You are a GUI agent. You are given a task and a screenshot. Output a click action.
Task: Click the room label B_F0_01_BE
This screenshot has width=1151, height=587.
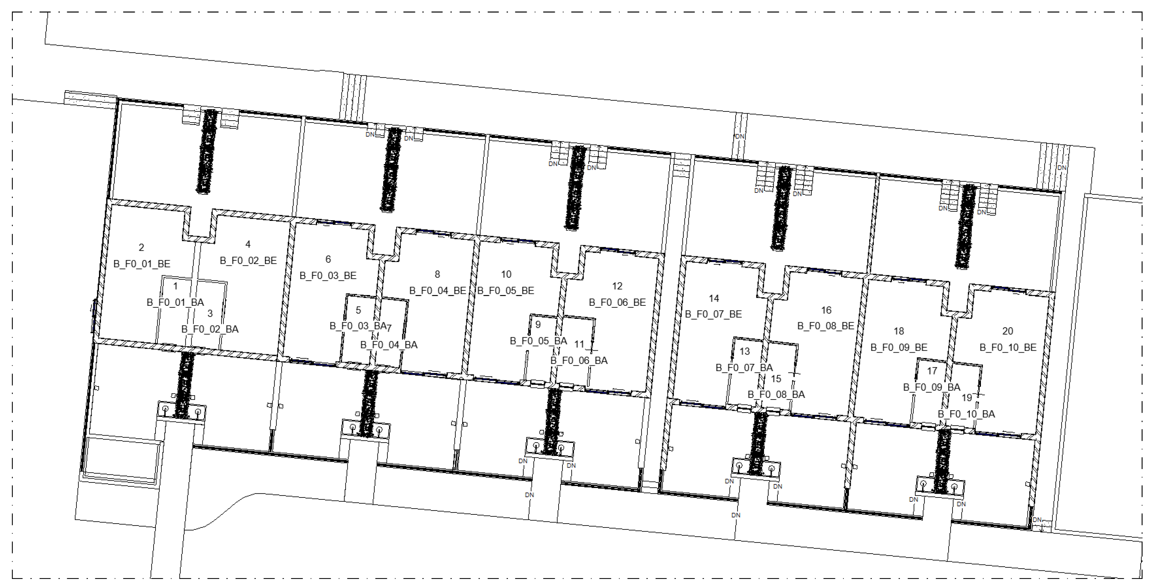point(142,264)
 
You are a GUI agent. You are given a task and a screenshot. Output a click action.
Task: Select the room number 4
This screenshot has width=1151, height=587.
point(248,244)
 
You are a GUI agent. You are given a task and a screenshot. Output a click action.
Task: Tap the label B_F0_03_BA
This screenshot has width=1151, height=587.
point(357,326)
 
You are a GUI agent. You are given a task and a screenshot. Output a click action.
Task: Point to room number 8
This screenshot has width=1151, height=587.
point(437,274)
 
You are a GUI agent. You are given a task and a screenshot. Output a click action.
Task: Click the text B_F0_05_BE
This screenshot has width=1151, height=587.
point(506,290)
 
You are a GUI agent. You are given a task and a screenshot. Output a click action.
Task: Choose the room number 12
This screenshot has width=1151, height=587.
point(617,286)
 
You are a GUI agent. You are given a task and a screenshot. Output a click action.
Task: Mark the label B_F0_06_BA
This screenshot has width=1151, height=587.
point(579,360)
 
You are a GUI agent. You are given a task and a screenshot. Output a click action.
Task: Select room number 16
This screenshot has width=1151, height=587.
point(826,310)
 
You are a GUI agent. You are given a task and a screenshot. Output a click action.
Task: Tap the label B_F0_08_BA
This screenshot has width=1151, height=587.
point(776,394)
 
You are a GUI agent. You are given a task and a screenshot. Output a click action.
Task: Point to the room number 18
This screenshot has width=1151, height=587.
point(898,331)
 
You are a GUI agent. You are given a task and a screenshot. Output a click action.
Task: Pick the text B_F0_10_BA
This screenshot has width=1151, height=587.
point(966,414)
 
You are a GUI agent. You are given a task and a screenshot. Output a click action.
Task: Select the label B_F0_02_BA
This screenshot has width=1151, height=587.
point(210,329)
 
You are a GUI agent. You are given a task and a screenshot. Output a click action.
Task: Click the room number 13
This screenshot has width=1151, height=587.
point(744,351)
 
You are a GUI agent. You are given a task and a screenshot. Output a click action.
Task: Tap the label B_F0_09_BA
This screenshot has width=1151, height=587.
point(932,387)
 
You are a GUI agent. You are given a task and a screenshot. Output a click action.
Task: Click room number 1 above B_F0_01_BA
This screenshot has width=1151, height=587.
point(175,286)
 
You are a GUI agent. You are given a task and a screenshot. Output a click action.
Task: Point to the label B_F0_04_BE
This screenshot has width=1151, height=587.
point(437,290)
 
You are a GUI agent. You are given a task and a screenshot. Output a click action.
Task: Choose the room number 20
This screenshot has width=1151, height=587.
point(1007,331)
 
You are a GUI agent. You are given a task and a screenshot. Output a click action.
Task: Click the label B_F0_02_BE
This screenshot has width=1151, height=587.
point(248,260)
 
